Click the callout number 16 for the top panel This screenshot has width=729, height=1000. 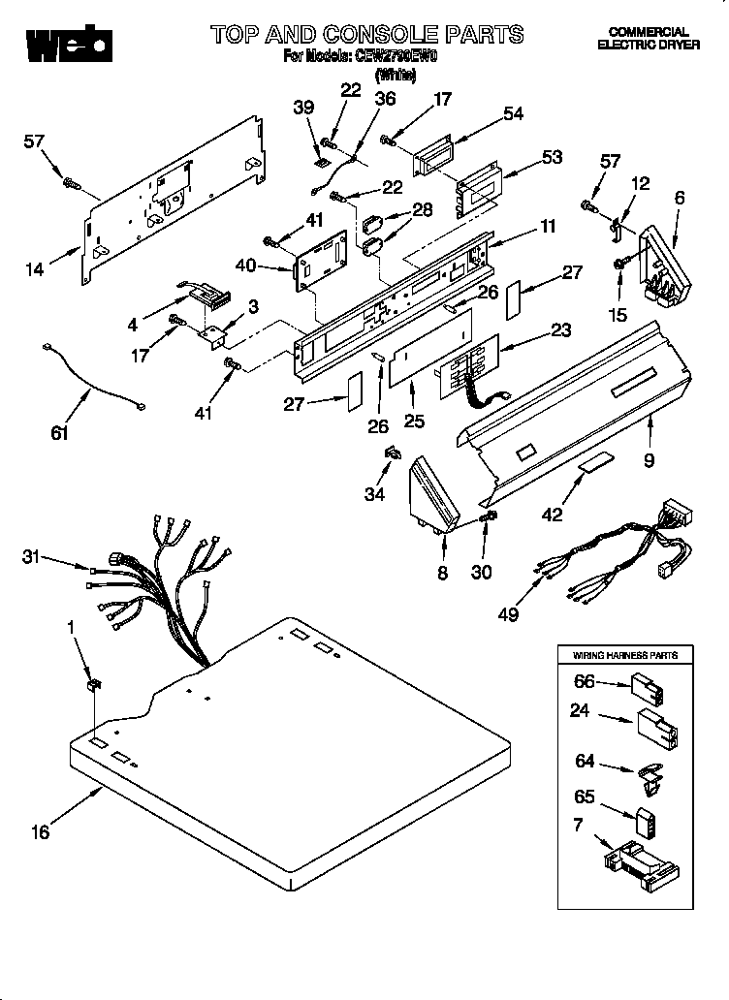39,830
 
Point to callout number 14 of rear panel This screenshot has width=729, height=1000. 35,270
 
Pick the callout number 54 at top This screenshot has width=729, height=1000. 512,113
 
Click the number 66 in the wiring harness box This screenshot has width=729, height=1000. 584,682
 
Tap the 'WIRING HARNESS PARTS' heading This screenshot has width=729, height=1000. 626,656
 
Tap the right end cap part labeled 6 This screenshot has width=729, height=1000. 664,264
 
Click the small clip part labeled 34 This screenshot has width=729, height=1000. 394,452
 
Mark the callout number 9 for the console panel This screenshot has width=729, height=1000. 649,461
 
